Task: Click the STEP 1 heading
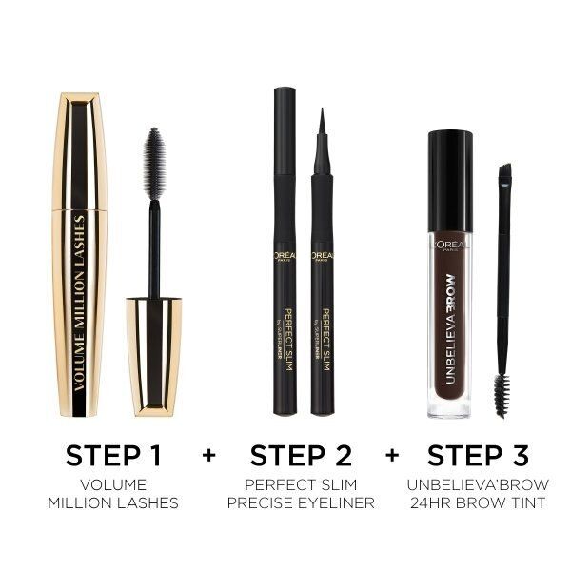click(x=114, y=454)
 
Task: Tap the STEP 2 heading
click(x=300, y=454)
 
